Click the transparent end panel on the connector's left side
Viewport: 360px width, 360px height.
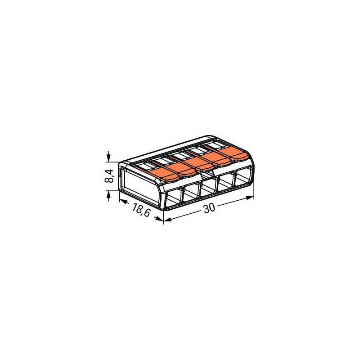click(x=137, y=183)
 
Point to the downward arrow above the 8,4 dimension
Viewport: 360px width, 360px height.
click(x=108, y=158)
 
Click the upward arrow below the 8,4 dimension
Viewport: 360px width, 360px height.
click(x=108, y=193)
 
